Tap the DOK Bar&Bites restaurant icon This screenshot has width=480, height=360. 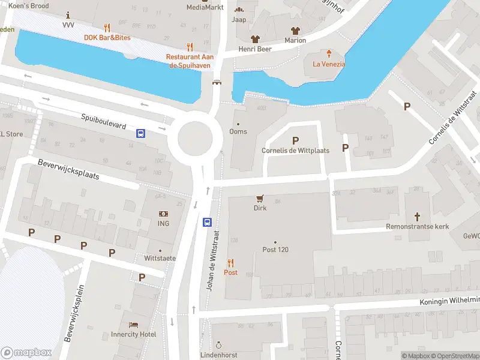[107, 27]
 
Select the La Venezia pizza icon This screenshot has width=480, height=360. [328, 53]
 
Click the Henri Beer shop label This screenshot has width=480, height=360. [255, 49]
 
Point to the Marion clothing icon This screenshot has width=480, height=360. [295, 31]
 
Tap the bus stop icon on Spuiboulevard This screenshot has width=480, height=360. [140, 133]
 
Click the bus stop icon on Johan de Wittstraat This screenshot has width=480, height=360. [207, 222]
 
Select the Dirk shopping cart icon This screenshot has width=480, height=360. [260, 198]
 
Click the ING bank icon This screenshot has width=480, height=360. [163, 214]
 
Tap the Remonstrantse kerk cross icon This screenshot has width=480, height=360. [418, 216]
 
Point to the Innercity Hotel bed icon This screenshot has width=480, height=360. [133, 324]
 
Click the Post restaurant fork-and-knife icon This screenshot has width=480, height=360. [230, 262]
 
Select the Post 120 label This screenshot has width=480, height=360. [275, 250]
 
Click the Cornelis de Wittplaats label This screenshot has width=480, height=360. [295, 151]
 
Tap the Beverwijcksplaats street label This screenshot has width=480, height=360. [67, 170]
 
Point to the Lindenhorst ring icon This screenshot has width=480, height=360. [219, 346]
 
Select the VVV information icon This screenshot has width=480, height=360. [68, 14]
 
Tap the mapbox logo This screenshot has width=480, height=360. [26, 353]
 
